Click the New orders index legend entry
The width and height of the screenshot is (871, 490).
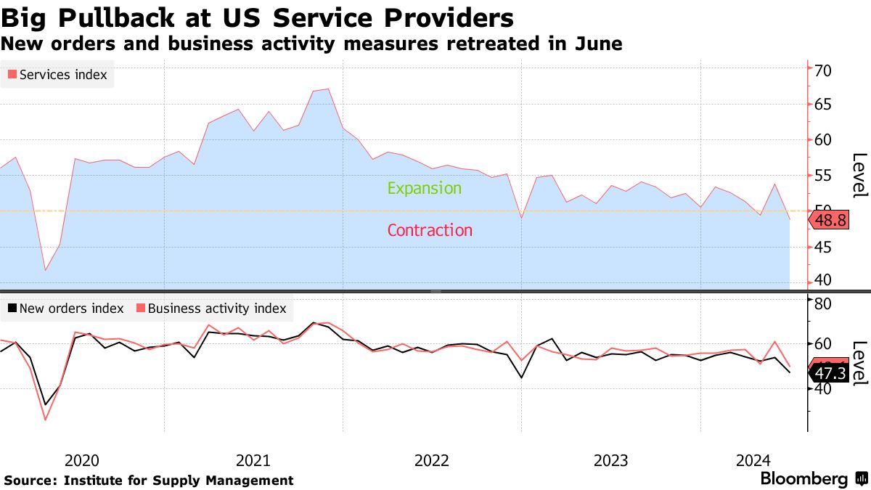pyautogui.click(x=65, y=309)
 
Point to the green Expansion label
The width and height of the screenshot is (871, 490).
pyautogui.click(x=424, y=189)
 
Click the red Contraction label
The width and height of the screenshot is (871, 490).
pyautogui.click(x=430, y=231)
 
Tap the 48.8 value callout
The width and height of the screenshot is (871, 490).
pyautogui.click(x=830, y=221)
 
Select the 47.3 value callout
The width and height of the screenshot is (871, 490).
pyautogui.click(x=830, y=374)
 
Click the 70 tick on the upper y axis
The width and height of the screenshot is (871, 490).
pyautogui.click(x=823, y=70)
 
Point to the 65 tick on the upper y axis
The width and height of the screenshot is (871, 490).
pyautogui.click(x=823, y=105)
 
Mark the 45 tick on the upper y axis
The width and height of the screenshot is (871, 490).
pyautogui.click(x=823, y=248)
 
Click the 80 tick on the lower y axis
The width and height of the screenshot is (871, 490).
pyautogui.click(x=823, y=303)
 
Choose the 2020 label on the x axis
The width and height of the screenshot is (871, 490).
pyautogui.click(x=81, y=460)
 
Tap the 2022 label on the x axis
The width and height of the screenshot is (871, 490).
pyautogui.click(x=432, y=460)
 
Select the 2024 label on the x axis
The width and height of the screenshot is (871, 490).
pyautogui.click(x=753, y=460)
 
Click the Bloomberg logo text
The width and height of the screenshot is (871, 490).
pyautogui.click(x=803, y=479)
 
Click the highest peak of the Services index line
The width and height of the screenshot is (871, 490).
pyautogui.click(x=328, y=89)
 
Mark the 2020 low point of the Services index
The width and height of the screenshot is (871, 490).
pyautogui.click(x=45, y=270)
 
